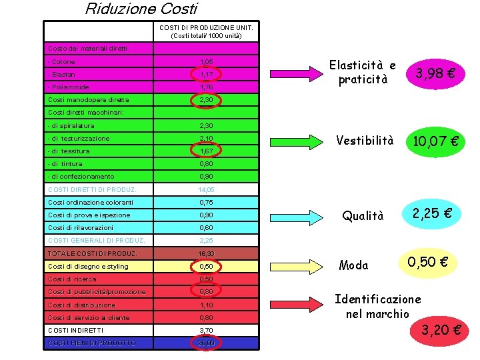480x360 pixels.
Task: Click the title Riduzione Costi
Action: click(x=141, y=9)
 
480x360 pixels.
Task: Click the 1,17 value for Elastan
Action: click(x=206, y=74)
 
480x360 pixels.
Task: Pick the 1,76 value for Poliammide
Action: click(x=206, y=87)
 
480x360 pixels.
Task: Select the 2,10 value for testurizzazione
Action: click(x=206, y=138)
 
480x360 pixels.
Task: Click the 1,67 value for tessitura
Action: click(x=206, y=151)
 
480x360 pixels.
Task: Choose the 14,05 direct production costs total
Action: click(x=206, y=189)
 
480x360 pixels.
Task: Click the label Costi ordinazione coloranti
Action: click(x=91, y=202)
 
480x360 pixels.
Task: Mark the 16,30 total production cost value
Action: click(x=206, y=253)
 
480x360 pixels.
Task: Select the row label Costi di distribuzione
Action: click(x=82, y=305)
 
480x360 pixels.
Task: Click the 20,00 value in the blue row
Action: click(x=206, y=343)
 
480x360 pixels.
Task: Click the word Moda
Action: click(x=353, y=265)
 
